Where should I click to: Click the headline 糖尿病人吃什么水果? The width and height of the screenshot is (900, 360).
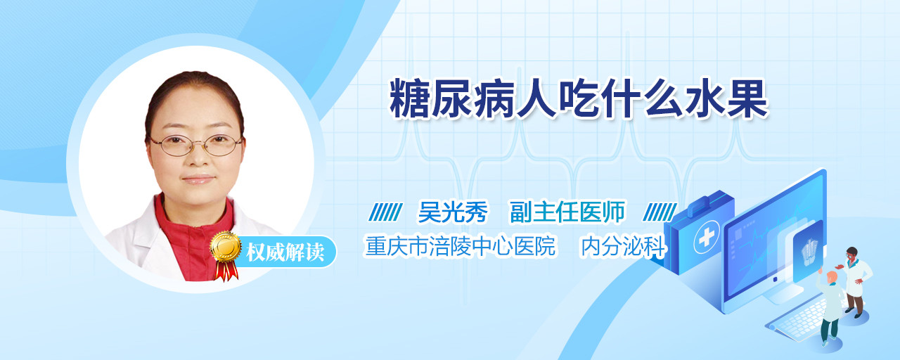[579, 99]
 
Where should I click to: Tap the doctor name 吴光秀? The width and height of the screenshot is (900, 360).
[454, 212]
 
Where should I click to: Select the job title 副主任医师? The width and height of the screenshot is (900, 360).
[567, 212]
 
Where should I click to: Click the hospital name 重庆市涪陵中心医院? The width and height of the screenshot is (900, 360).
[461, 246]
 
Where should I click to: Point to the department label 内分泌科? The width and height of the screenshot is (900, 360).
[624, 246]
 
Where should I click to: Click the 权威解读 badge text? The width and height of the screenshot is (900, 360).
[285, 252]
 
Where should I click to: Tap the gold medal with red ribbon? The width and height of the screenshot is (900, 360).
[226, 255]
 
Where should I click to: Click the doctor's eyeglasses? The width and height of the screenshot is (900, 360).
[196, 145]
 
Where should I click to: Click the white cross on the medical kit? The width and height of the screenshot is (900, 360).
[707, 238]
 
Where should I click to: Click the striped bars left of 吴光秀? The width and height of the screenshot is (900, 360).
[386, 212]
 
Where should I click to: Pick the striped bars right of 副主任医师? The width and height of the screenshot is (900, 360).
[660, 212]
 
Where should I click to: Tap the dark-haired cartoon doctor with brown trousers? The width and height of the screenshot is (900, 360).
[855, 282]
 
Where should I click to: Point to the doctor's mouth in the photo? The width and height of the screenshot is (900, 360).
[198, 179]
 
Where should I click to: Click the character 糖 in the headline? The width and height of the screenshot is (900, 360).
[409, 99]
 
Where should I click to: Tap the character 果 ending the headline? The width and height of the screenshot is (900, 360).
[748, 99]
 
